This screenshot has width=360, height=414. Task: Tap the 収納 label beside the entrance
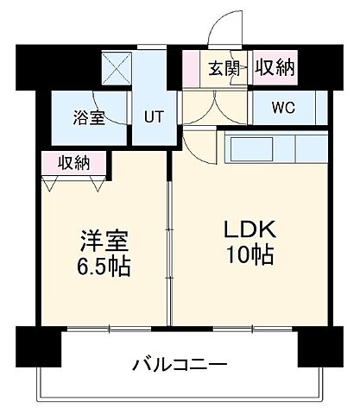[274, 67]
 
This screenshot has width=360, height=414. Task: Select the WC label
[282, 110]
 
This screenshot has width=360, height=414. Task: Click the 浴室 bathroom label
[89, 118]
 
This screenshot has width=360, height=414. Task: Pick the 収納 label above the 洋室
[74, 161]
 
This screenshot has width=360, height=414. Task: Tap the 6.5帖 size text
[97, 267]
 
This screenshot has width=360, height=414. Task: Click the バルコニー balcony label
[180, 364]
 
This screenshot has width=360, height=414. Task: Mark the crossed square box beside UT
[115, 66]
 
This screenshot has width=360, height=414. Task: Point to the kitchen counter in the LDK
[271, 149]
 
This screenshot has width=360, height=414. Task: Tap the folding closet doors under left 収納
[74, 181]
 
